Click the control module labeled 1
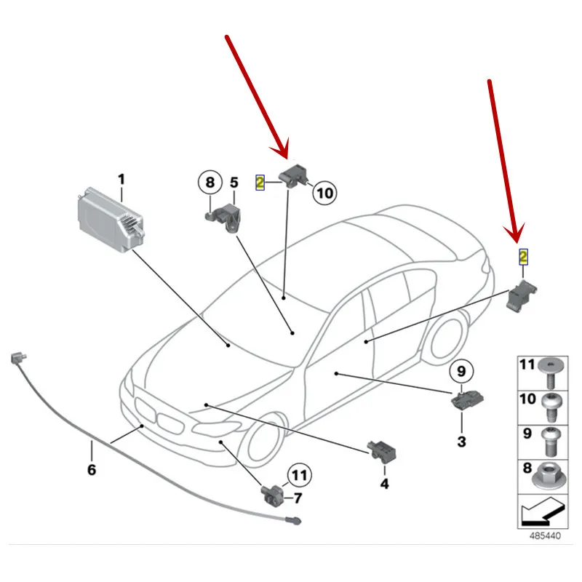[x=111, y=220]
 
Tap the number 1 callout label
[x=121, y=180]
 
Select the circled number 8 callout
[x=210, y=183]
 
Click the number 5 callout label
[x=234, y=183]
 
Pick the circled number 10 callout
[x=324, y=193]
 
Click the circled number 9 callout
[x=461, y=371]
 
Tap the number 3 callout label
[x=462, y=442]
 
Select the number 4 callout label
[x=385, y=484]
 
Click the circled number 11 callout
[x=300, y=476]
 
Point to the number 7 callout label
[x=298, y=498]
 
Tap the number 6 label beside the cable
[x=92, y=469]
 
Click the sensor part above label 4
[x=382, y=451]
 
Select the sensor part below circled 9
[x=467, y=401]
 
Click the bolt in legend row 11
[x=551, y=372]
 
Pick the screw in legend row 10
[x=551, y=407]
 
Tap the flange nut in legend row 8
[x=549, y=478]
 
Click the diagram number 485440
[x=545, y=536]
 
